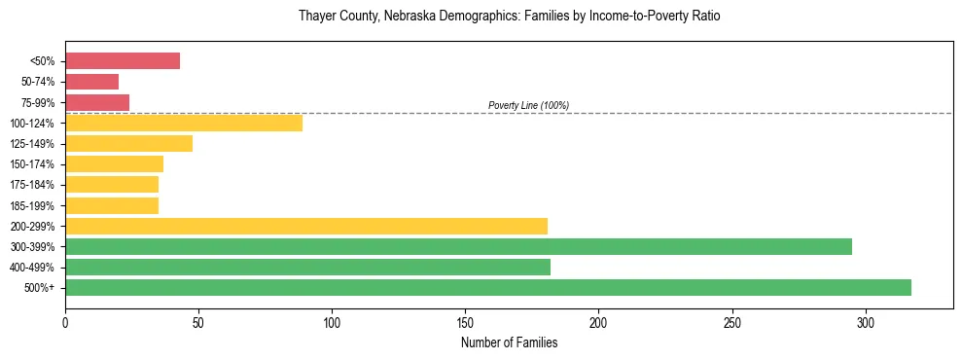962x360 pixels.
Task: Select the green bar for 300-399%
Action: click(x=458, y=246)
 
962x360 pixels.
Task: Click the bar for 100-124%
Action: click(x=184, y=123)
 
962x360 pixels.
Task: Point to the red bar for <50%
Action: click(x=123, y=61)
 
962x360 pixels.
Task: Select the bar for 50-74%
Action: click(x=91, y=82)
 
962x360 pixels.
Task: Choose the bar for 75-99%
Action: click(x=97, y=102)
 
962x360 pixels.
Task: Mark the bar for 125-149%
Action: click(x=128, y=143)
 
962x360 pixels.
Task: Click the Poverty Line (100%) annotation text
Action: click(x=528, y=105)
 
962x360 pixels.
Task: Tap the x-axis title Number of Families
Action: click(x=509, y=342)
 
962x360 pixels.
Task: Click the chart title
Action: click(x=510, y=17)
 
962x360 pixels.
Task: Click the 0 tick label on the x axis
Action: click(x=65, y=322)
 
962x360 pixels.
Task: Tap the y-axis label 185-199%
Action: click(x=32, y=205)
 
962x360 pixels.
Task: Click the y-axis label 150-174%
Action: click(x=32, y=164)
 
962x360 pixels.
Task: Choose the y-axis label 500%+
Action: click(x=40, y=288)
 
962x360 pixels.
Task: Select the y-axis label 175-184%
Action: click(x=32, y=185)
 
